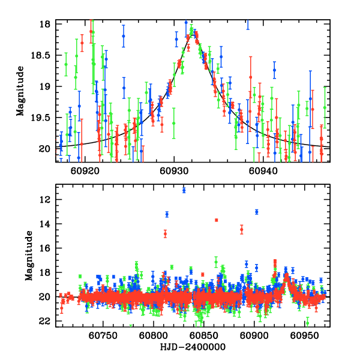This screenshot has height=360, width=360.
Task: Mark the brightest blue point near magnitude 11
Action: point(184,190)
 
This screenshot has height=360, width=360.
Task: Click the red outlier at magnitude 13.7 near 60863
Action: point(216,220)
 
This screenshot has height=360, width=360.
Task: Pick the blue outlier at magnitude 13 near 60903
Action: point(257,212)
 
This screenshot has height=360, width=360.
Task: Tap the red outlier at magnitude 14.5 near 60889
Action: point(242,229)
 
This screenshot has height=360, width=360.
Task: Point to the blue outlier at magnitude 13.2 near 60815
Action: point(167,214)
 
